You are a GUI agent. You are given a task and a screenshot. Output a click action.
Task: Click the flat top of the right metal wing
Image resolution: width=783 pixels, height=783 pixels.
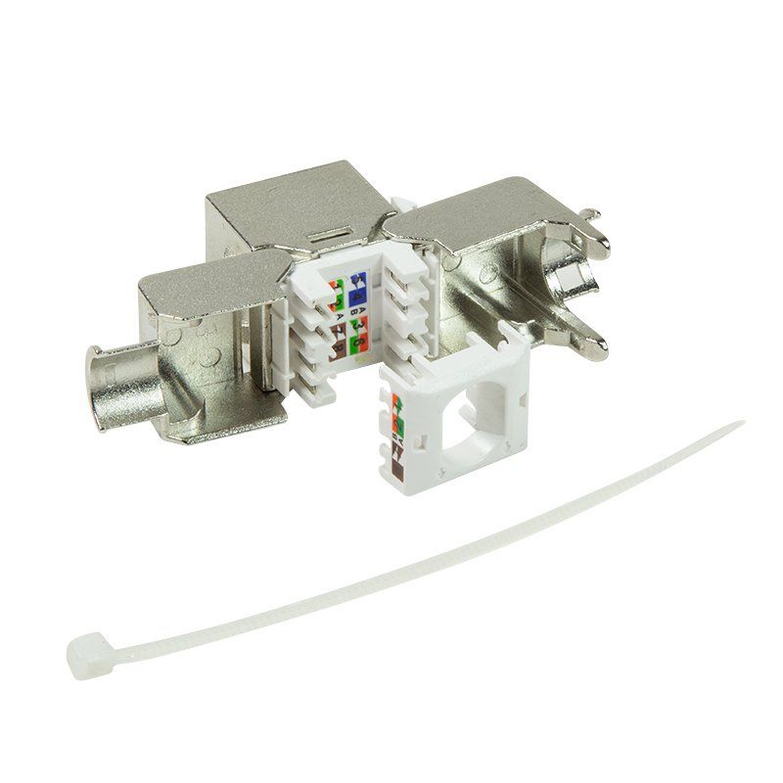pyautogui.click(x=460, y=210)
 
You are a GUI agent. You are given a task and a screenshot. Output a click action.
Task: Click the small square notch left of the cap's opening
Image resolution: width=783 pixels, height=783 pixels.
pyautogui.click(x=421, y=440)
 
